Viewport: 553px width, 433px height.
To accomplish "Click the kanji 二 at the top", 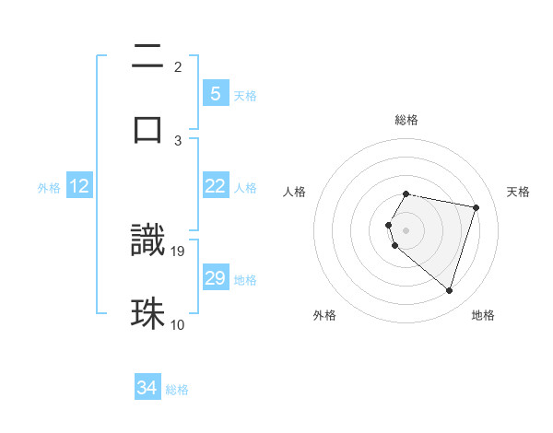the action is (147, 60).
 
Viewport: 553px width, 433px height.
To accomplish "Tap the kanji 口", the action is (147, 129).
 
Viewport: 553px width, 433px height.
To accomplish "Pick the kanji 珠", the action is (147, 313).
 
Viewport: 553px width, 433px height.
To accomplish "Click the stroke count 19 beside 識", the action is (178, 251).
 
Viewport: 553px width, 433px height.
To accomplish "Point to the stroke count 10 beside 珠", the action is (178, 324).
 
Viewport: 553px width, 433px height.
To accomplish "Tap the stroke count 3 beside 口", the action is (178, 140).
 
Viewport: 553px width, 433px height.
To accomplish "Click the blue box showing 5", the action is (215, 94).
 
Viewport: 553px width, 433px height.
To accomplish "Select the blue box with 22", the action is (215, 186).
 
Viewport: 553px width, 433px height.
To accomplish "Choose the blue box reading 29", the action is (215, 278).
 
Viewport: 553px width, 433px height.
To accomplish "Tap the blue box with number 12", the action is (79, 186).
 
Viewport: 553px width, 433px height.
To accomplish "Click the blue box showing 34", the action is (147, 389).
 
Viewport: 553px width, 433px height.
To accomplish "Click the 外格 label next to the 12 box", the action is (49, 187).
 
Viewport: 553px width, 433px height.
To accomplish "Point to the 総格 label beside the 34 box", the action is (177, 390).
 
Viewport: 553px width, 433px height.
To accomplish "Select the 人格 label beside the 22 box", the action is (245, 187).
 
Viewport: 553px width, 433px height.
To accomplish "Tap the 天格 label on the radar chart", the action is (519, 192).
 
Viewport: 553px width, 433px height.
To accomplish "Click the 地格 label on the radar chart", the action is (483, 315).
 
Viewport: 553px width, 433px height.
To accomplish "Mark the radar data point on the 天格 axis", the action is (477, 207).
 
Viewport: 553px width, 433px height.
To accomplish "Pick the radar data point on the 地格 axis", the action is (449, 291).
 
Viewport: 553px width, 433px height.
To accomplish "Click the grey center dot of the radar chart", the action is (406, 229).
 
